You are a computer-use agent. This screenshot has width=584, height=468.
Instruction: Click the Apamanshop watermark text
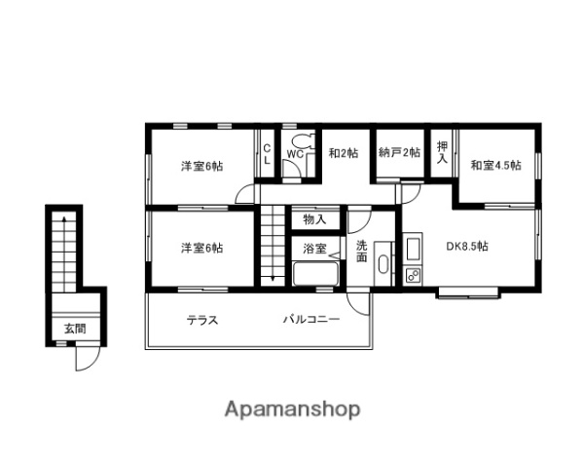pos(292,409)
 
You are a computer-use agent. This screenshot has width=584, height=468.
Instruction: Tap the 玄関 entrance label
pos(75,329)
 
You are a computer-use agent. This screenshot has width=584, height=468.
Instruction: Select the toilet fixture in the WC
pos(303,141)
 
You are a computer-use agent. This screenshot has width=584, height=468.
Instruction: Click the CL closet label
pos(267,154)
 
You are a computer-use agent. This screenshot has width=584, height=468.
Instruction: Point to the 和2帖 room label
pos(344,153)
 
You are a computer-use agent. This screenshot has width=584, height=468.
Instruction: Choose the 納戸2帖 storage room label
pos(399,152)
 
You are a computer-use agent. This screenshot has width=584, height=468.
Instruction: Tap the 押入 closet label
pos(442,152)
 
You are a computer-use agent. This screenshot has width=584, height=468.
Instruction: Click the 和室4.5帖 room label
pos(495,165)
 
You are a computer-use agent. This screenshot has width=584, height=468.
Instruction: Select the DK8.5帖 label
pos(466,247)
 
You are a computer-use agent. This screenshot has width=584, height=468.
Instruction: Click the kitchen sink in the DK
pos(413,250)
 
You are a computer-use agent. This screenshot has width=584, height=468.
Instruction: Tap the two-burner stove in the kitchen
pos(413,275)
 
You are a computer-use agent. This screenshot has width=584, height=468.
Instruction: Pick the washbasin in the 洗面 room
pos(383,265)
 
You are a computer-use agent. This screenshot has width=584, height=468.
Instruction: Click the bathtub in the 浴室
pos(315,274)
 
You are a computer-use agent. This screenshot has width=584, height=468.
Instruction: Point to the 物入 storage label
pos(314,219)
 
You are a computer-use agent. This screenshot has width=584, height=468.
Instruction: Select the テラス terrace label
pos(202,320)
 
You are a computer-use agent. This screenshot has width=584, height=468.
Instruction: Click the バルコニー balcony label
pos(311,320)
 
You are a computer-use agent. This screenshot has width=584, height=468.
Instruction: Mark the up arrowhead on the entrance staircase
pos(64,219)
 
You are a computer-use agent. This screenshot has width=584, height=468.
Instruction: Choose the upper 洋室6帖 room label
pos(202,166)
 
